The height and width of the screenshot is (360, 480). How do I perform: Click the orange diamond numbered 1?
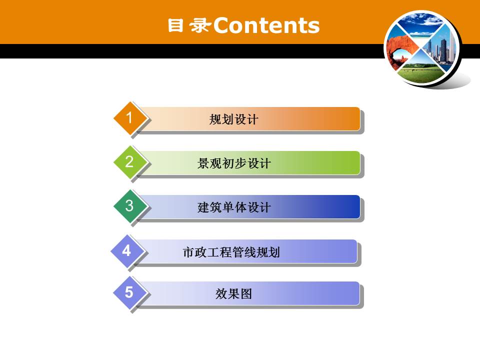point(129,118)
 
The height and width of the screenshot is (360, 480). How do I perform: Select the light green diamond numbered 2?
point(129,161)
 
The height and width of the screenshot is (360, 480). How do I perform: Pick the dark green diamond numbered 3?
point(129,205)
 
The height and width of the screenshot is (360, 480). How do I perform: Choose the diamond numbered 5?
point(129,292)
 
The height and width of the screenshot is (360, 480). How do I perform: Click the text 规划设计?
point(233,119)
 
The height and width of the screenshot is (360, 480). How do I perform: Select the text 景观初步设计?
point(233,163)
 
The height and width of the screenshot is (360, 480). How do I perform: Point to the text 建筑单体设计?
point(233,207)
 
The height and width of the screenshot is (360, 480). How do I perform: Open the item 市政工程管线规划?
point(231,252)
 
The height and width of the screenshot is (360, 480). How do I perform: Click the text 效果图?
point(233,294)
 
